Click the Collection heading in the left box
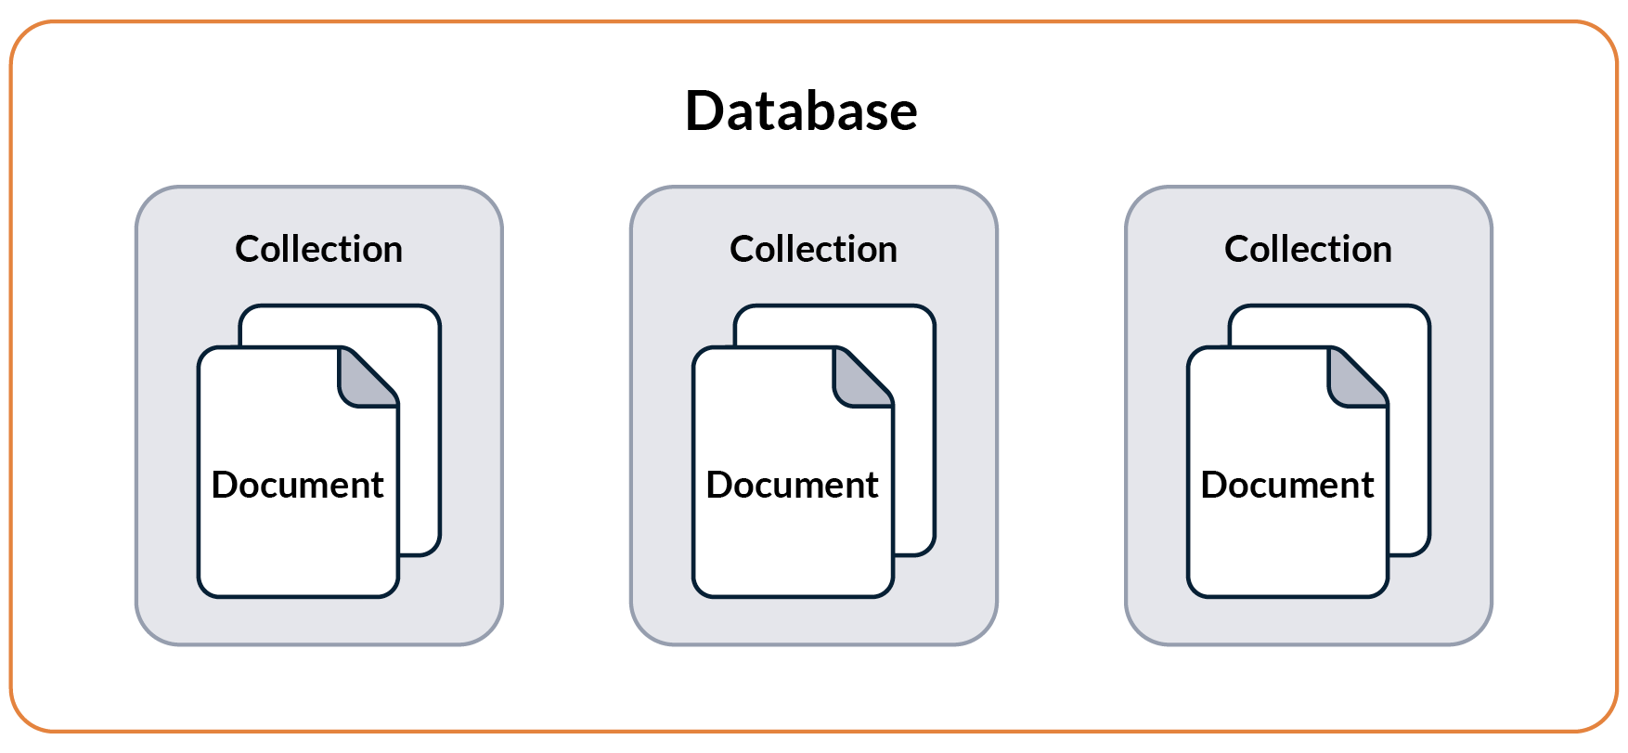(318, 249)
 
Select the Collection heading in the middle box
(813, 249)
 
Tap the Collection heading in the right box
(1308, 249)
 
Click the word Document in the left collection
(297, 485)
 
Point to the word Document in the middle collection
(792, 485)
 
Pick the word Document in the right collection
(1286, 485)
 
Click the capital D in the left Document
(226, 485)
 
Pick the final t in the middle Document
(872, 486)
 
